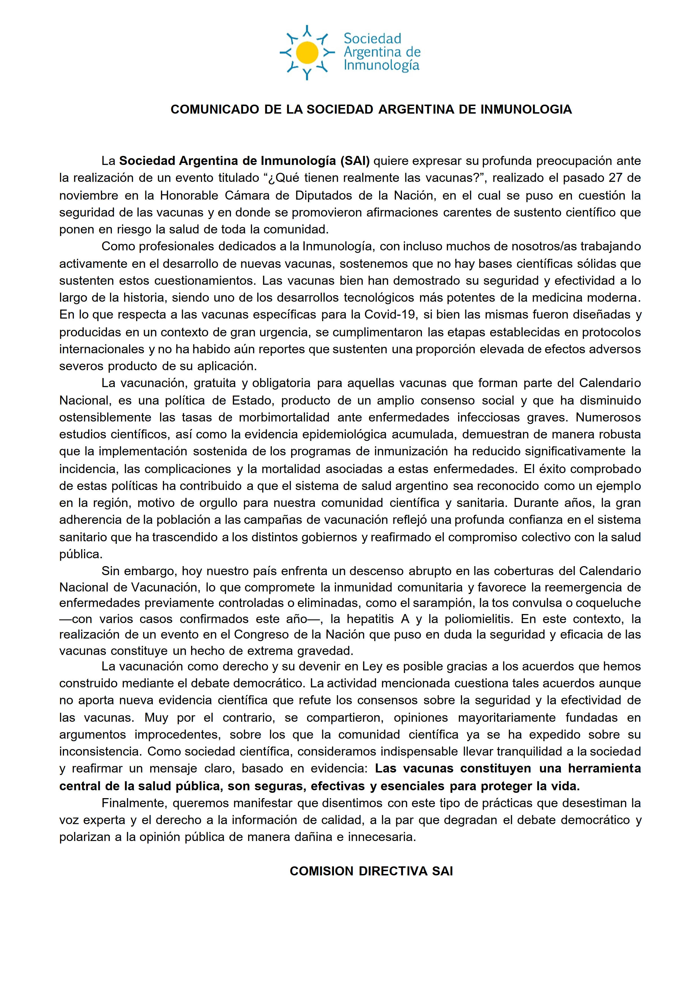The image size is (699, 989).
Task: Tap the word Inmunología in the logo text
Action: (x=381, y=65)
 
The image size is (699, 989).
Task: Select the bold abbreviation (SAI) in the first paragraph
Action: (x=355, y=161)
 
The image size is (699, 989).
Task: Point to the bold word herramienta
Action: (x=604, y=769)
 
